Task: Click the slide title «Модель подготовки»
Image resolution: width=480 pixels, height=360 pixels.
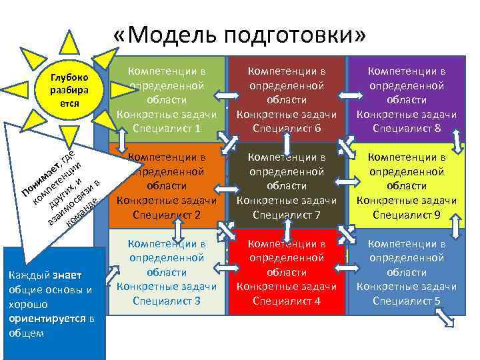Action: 239,35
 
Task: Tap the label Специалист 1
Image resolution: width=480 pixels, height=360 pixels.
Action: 167,128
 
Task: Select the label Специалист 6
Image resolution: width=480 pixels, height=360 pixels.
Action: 287,128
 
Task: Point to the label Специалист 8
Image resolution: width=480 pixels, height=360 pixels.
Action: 407,128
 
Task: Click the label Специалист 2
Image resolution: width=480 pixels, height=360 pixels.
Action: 167,215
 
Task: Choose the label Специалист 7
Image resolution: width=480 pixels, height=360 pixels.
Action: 287,215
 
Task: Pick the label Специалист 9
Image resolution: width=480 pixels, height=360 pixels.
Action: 407,215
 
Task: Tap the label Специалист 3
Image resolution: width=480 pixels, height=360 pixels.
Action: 167,301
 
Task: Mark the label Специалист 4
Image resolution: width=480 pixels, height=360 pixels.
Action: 287,301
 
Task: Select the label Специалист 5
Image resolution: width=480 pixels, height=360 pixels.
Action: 407,301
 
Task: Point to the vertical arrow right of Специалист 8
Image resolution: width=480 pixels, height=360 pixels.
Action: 458,140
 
